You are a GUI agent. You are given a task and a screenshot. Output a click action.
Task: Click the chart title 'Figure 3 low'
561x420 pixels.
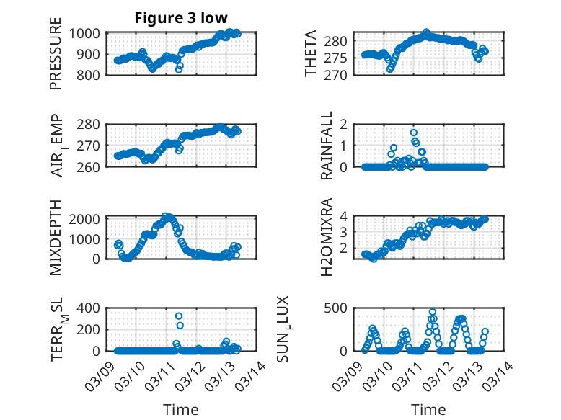tap(181, 18)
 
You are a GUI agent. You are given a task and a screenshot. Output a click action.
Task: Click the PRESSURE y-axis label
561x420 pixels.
tap(56, 59)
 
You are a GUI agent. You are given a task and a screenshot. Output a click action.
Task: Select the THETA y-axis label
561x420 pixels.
tap(311, 54)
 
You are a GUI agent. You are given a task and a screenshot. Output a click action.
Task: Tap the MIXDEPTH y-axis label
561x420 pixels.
tap(56, 236)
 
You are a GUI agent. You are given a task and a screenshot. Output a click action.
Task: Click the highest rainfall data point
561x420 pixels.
tap(413, 133)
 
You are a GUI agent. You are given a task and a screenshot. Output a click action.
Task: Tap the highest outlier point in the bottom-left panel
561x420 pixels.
tap(179, 316)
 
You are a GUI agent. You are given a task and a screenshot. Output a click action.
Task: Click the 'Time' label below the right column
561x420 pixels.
tap(428, 409)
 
